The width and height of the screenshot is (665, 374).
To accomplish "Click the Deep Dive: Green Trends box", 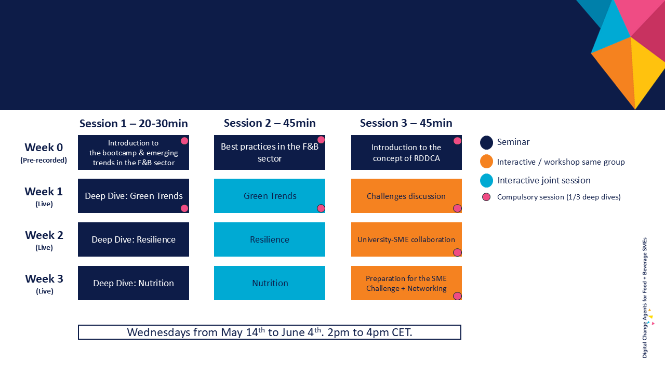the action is [x=134, y=196].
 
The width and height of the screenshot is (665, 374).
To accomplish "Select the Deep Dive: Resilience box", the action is [x=134, y=239].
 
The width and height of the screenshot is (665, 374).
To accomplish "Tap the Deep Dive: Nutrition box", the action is [x=134, y=283].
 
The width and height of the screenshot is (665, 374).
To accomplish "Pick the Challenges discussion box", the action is [x=406, y=196].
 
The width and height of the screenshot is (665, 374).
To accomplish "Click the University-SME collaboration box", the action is [x=406, y=239].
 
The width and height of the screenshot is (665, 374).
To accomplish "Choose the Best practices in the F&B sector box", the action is [x=270, y=153].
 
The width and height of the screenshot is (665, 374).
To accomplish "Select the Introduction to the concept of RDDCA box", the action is [x=406, y=153].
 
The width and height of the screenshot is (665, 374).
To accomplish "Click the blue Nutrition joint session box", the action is [x=270, y=283].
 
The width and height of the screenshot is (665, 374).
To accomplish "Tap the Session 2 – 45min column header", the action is [x=270, y=123].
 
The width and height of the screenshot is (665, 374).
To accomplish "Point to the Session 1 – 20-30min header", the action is [x=134, y=124].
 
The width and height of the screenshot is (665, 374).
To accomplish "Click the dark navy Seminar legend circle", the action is [x=486, y=142].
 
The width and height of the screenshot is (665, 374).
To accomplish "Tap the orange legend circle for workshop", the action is [x=486, y=161].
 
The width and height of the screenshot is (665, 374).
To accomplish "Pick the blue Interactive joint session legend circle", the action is [x=486, y=180].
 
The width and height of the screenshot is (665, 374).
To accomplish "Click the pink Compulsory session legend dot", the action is [x=486, y=197].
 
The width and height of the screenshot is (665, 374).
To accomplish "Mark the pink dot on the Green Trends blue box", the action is [x=321, y=208].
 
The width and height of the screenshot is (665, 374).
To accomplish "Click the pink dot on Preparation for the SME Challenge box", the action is [x=457, y=296].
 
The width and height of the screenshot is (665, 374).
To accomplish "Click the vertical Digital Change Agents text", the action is [x=645, y=298].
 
